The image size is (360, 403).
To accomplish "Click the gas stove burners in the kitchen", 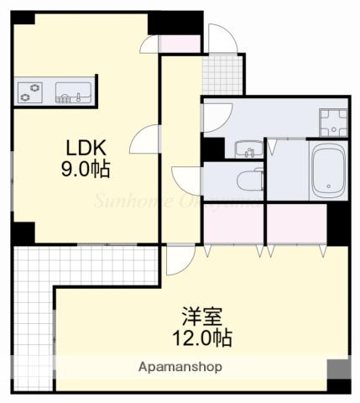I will click(x=31, y=91).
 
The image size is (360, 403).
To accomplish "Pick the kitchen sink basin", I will click(x=74, y=91).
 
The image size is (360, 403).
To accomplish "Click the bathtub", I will click(x=328, y=171).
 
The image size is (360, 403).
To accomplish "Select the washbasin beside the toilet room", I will click(x=248, y=149).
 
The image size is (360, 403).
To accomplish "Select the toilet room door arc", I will click(x=186, y=179).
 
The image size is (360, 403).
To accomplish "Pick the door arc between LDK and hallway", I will click(x=144, y=138).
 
